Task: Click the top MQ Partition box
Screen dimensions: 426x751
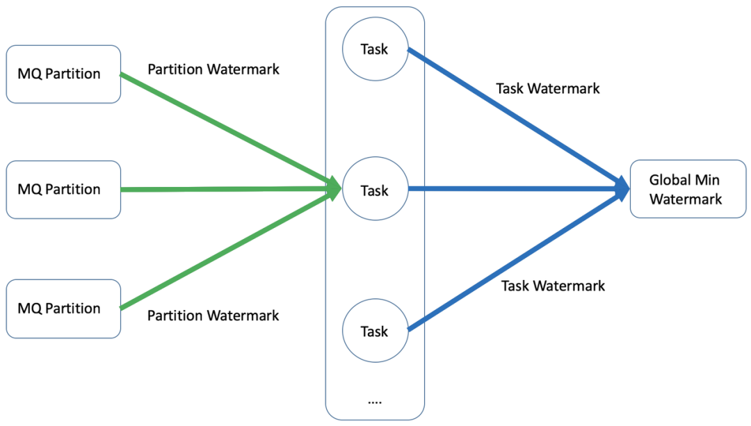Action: pyautogui.click(x=63, y=74)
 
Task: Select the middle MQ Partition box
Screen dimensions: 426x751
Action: pyautogui.click(x=63, y=189)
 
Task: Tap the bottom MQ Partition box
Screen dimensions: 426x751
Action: pyautogui.click(x=63, y=309)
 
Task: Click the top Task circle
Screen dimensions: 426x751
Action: pyautogui.click(x=375, y=49)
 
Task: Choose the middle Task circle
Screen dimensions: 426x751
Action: pyautogui.click(x=375, y=190)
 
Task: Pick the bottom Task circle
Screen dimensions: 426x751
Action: pyautogui.click(x=375, y=331)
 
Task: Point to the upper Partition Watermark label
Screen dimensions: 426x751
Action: pyautogui.click(x=213, y=69)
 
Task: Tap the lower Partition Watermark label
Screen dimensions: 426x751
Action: pyautogui.click(x=213, y=316)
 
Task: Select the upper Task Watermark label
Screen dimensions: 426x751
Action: pyautogui.click(x=548, y=89)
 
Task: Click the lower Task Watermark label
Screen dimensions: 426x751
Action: pyautogui.click(x=554, y=286)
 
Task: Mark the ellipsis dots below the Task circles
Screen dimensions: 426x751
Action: pyautogui.click(x=375, y=402)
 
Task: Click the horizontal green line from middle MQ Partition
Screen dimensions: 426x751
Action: pyautogui.click(x=223, y=188)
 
